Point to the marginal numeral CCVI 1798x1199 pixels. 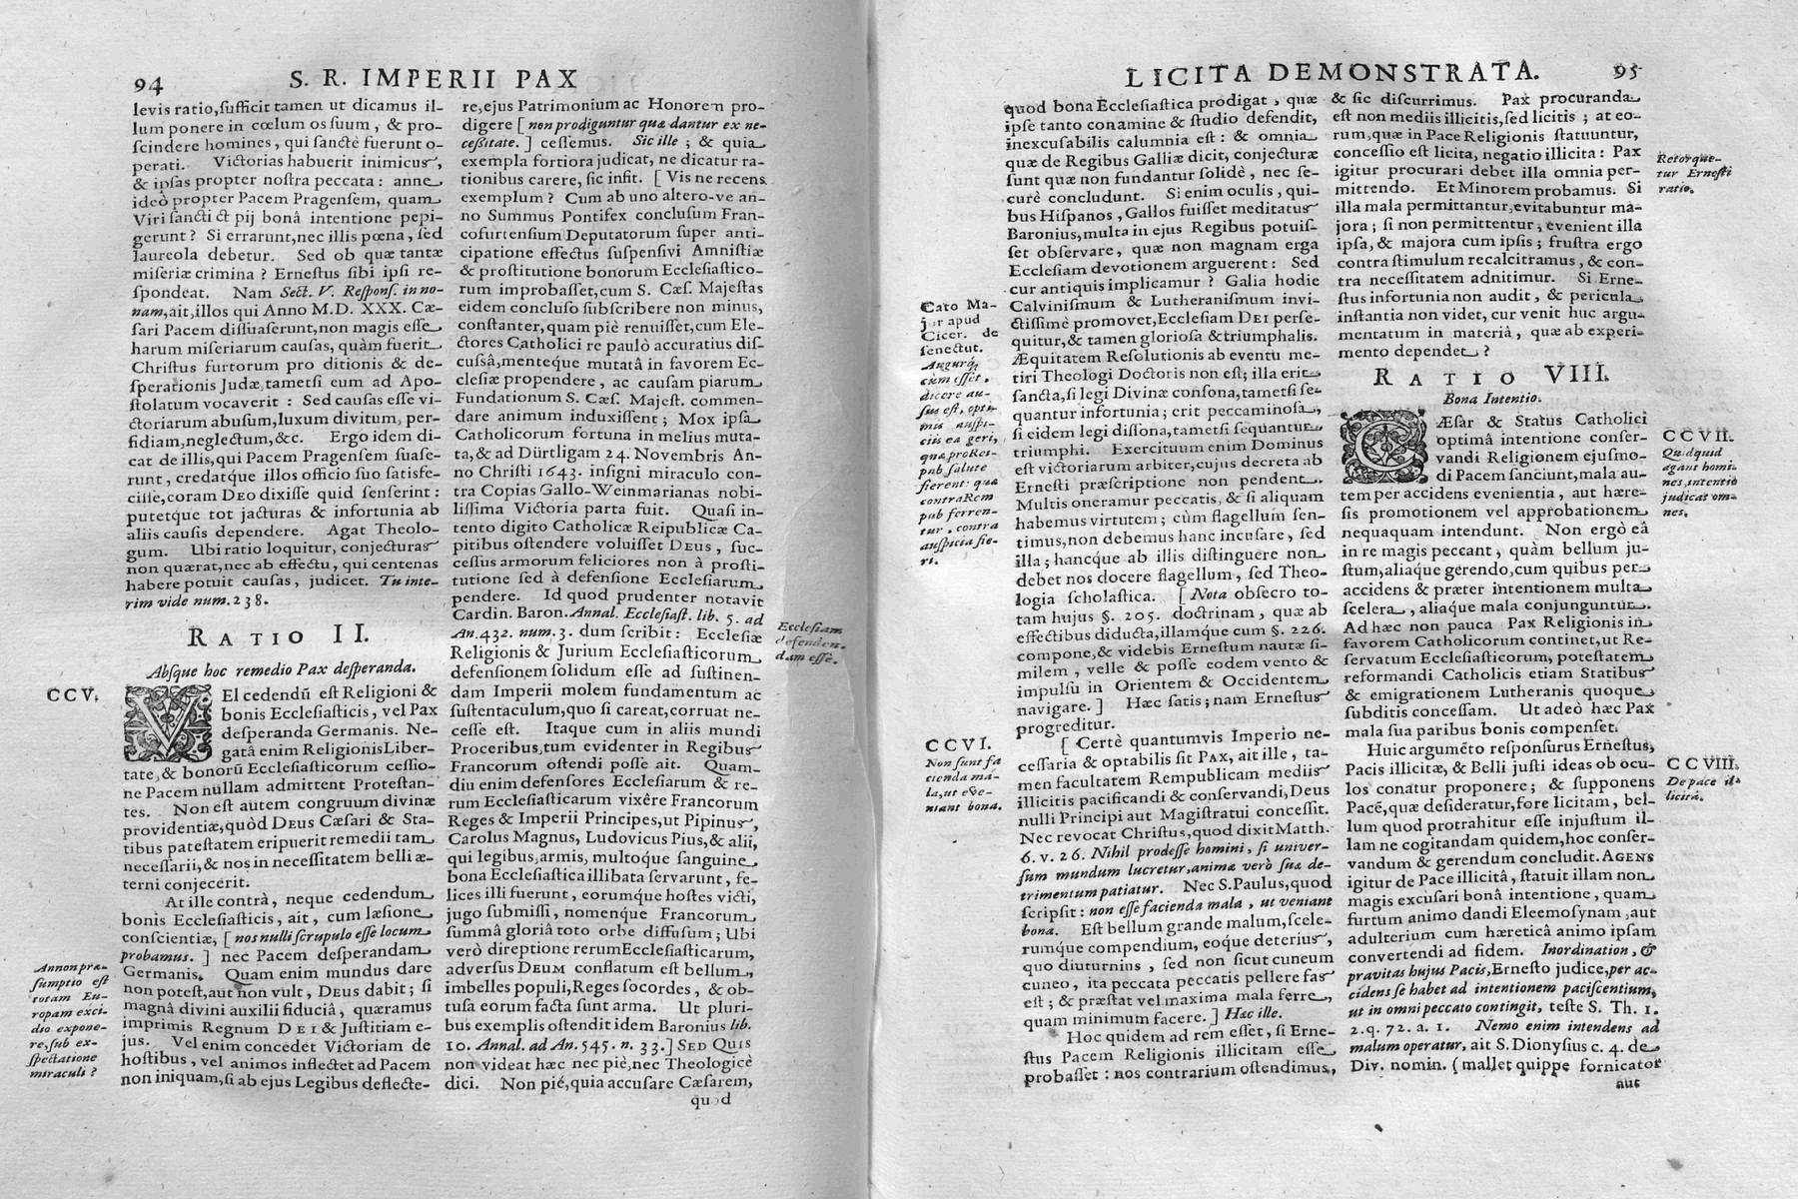(x=956, y=742)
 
